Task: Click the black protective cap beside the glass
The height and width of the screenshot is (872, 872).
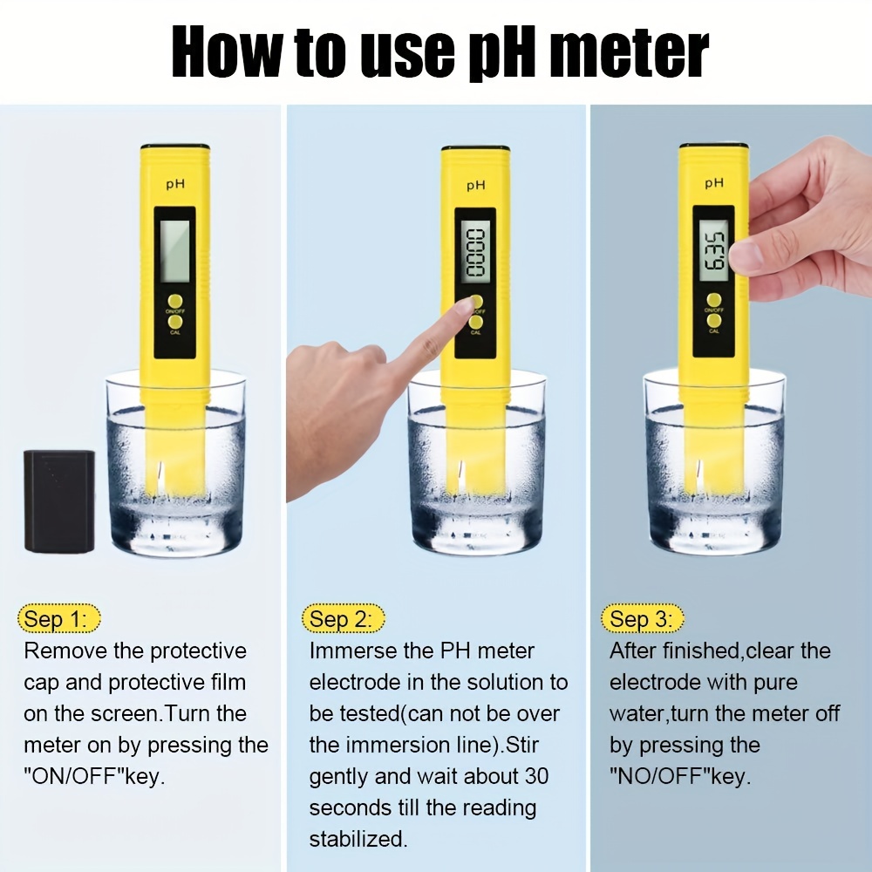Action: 59,501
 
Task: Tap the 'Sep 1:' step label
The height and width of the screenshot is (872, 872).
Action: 59,618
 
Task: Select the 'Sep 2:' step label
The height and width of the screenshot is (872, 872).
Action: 343,618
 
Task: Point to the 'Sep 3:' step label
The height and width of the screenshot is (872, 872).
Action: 643,618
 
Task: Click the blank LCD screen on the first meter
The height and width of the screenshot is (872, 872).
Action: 174,250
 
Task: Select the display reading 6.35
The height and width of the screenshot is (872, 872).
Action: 713,249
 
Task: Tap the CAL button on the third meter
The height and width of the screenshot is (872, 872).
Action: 713,320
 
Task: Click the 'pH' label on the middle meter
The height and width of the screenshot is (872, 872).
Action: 475,185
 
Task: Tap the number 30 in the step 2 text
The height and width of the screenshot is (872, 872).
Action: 536,776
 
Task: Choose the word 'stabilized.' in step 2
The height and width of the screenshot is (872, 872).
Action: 358,839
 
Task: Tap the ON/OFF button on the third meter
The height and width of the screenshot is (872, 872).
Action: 713,300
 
